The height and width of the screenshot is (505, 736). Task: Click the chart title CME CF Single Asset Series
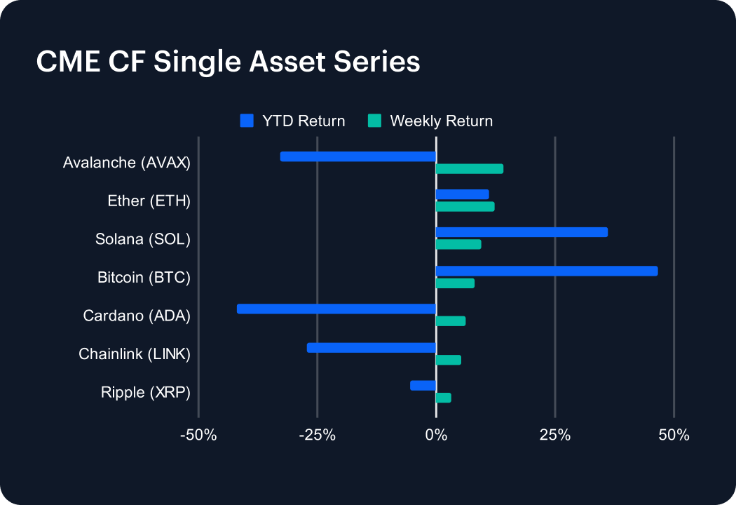[228, 62]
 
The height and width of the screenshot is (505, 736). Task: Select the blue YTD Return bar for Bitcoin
[547, 271]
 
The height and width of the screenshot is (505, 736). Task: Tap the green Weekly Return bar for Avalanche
[470, 168]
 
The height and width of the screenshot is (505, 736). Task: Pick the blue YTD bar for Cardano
[336, 309]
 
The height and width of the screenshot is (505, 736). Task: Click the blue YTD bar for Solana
[522, 232]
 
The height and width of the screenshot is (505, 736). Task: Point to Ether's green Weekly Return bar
[465, 206]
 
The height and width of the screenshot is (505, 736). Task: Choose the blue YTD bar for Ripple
[423, 385]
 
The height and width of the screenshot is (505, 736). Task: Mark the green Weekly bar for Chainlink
[449, 360]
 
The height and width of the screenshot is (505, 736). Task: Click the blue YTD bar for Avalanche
[358, 156]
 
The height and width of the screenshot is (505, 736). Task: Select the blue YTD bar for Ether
[462, 194]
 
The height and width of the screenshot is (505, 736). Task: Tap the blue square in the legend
[247, 121]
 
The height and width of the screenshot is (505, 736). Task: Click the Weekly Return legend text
[441, 121]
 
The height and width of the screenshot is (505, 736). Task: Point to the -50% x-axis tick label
[198, 435]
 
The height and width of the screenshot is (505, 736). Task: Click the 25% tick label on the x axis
[554, 435]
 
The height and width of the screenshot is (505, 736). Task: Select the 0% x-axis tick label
[436, 435]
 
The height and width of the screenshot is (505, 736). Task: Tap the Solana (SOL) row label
[143, 239]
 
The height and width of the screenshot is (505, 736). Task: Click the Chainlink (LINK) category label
[135, 354]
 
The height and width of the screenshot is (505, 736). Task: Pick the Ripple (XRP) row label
[146, 392]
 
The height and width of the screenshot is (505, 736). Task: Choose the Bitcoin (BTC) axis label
[144, 278]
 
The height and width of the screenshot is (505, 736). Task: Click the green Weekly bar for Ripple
[443, 398]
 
